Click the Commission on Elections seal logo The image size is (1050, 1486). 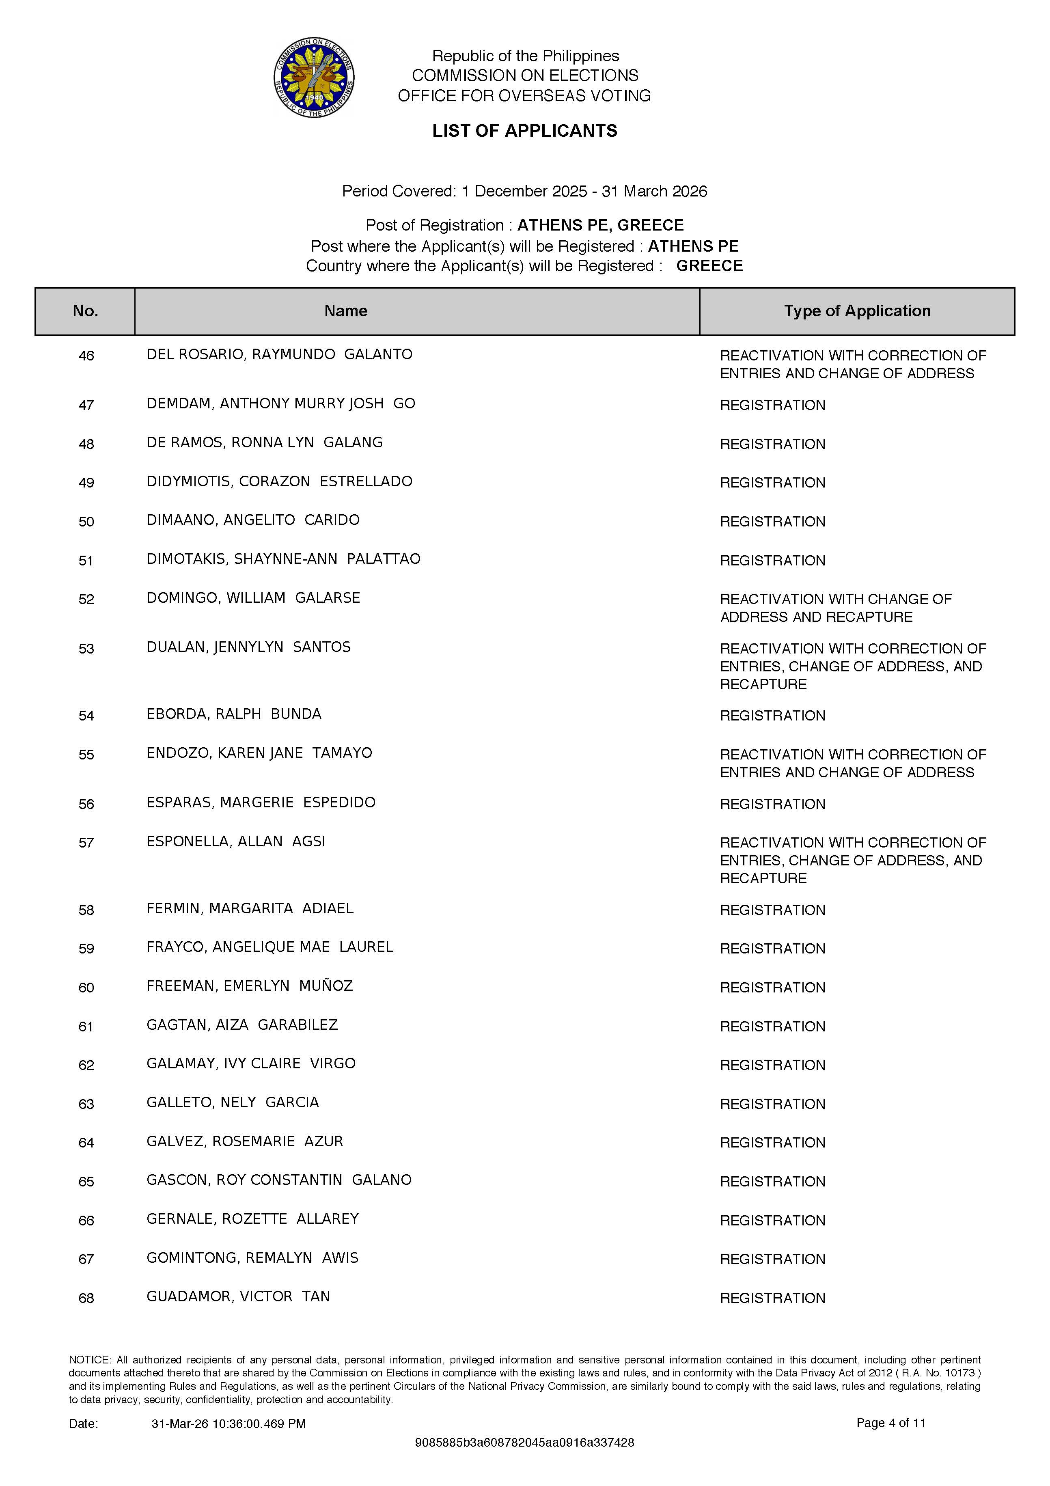(314, 77)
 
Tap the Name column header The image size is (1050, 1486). (346, 311)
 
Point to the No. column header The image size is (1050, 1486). (86, 311)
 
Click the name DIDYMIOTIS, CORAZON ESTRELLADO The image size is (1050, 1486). (279, 481)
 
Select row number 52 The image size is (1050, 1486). (86, 600)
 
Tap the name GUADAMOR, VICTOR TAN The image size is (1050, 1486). (238, 1297)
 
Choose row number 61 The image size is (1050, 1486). (86, 1027)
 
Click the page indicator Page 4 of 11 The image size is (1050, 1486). (891, 1423)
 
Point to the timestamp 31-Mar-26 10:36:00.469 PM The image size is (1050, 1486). (229, 1424)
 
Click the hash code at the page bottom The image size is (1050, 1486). (524, 1443)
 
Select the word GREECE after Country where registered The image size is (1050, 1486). (709, 266)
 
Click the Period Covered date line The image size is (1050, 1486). (524, 192)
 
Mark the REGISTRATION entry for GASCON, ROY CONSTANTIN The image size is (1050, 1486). (772, 1182)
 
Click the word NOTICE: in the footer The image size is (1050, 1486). (90, 1360)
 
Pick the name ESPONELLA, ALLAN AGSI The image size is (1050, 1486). (236, 841)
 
